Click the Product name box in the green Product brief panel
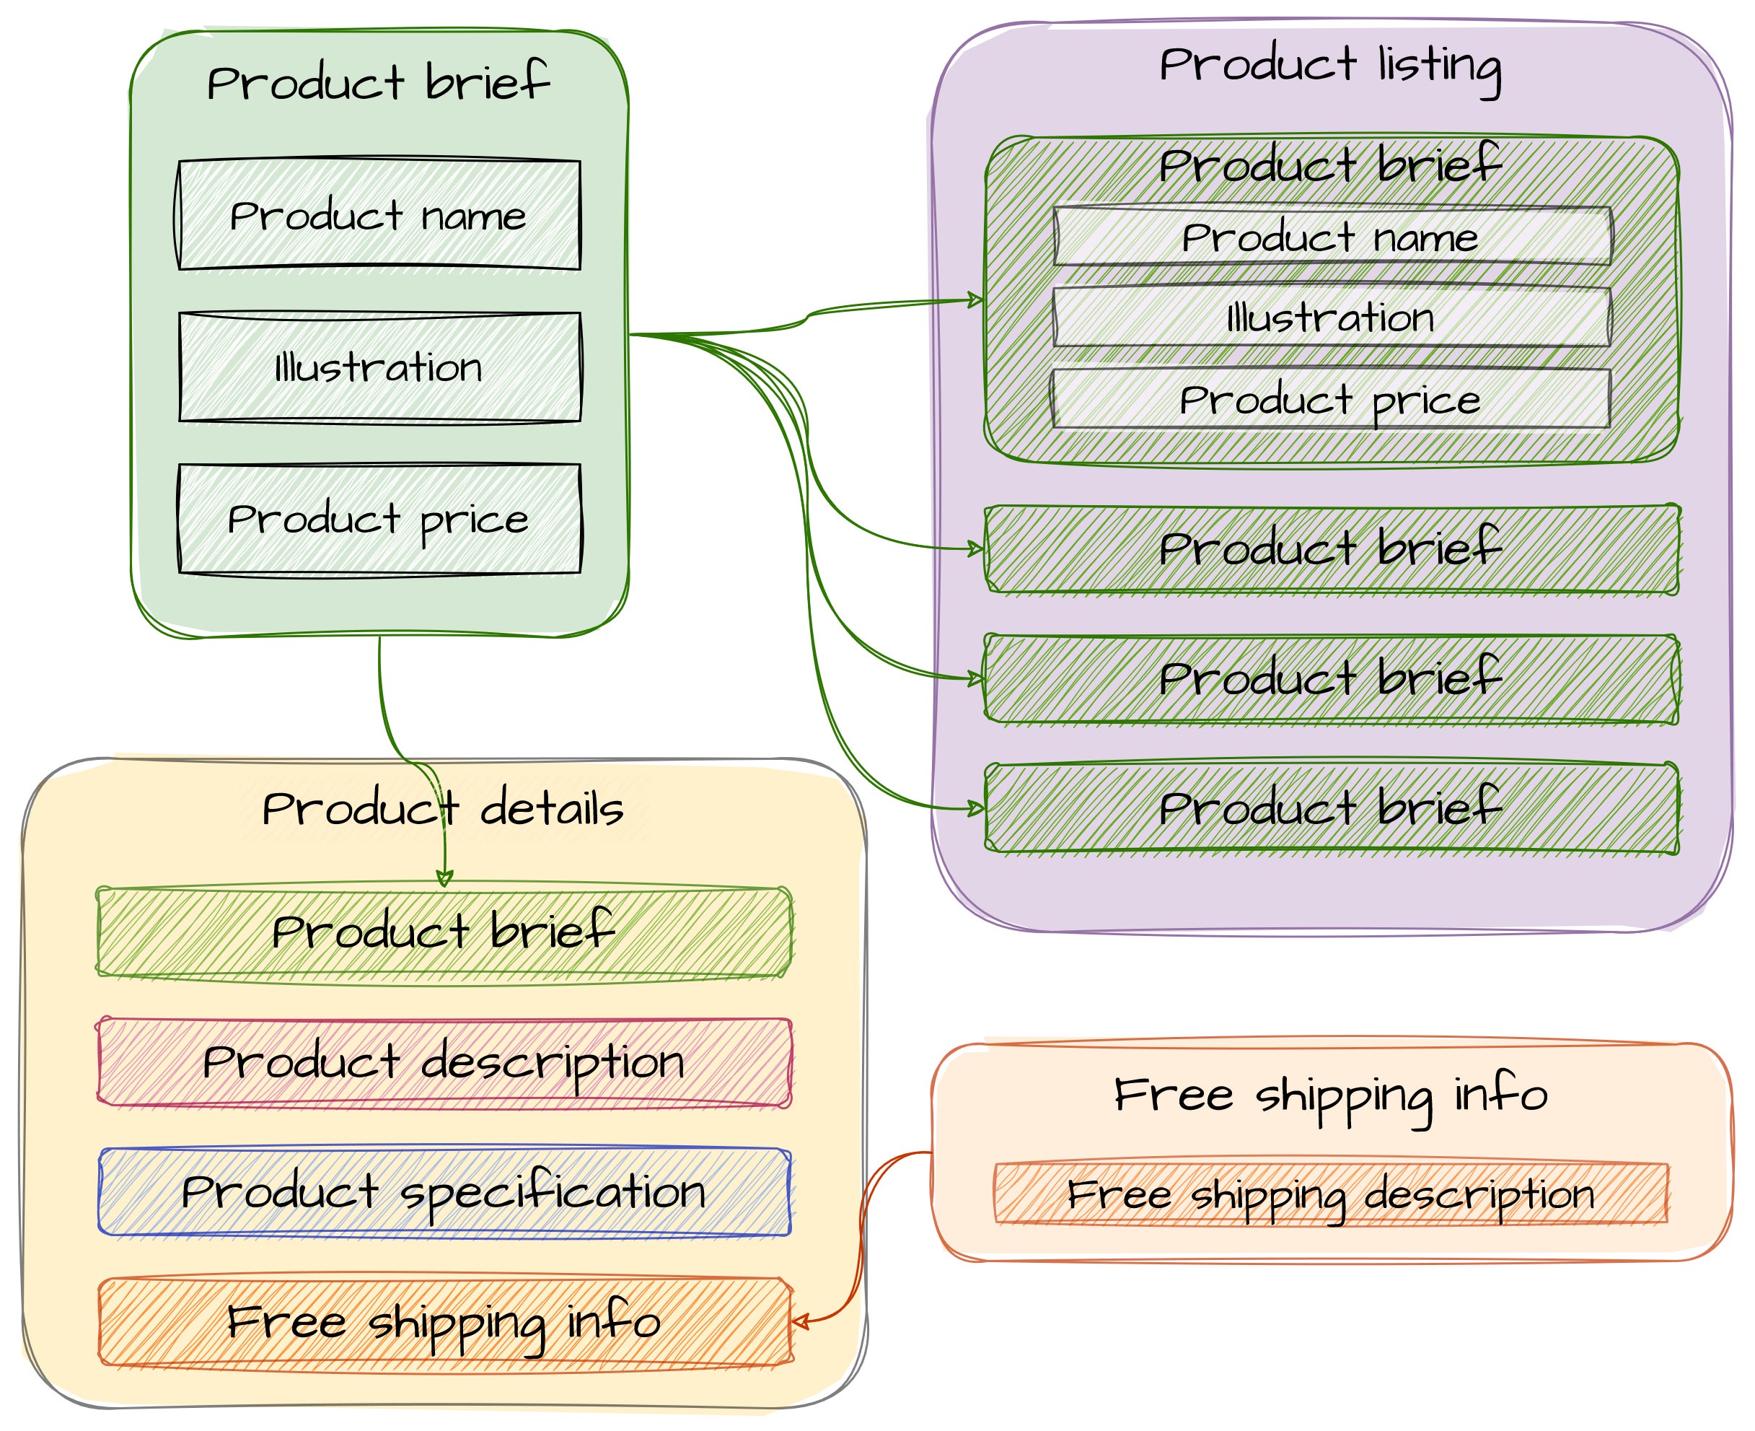tap(379, 215)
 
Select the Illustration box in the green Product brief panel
tap(379, 367)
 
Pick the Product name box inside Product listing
tap(1332, 237)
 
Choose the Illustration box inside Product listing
tap(1332, 318)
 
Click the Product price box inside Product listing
tap(1332, 399)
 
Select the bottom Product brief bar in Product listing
tap(1332, 808)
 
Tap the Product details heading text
tap(442, 809)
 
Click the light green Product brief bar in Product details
tap(444, 932)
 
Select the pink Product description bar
tap(444, 1062)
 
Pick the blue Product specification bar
tap(444, 1192)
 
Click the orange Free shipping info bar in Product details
tap(444, 1322)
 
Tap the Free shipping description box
tap(1332, 1194)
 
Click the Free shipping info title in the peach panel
tap(1332, 1095)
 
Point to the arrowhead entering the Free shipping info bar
tap(798, 1322)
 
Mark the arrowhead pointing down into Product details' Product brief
tap(444, 879)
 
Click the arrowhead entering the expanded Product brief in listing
tap(977, 299)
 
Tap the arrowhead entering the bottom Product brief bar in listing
tap(977, 808)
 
